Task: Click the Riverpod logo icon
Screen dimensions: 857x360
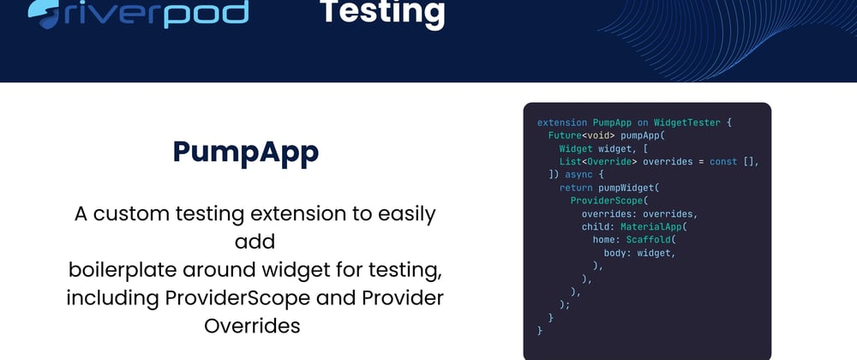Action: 43,13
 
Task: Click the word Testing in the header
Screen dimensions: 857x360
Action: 382,13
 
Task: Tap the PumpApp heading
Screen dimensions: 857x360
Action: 246,153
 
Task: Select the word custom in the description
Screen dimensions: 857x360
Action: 130,214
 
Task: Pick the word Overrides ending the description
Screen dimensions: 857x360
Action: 252,326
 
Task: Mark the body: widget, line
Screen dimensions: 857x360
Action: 640,253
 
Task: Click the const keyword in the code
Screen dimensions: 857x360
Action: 723,162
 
